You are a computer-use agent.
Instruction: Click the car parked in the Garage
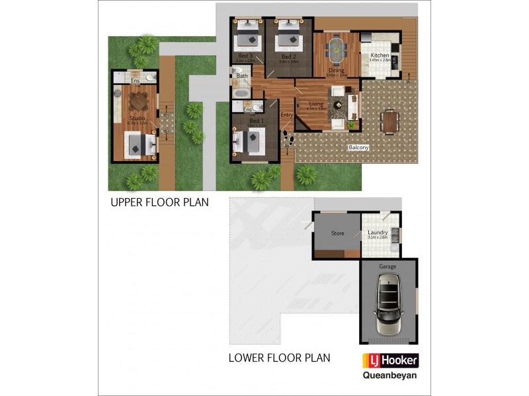(389, 304)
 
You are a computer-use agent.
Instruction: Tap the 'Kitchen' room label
(379, 55)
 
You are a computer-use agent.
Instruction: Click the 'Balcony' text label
(358, 148)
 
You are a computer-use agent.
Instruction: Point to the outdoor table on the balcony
(389, 121)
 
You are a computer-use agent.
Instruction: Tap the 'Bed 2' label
(288, 57)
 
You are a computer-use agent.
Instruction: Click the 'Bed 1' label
(255, 122)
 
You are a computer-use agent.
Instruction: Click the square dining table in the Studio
(139, 101)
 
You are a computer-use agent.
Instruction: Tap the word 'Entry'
(286, 115)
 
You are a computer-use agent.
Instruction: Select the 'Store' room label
(337, 233)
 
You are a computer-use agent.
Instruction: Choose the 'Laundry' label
(378, 233)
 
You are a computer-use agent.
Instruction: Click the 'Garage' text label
(387, 266)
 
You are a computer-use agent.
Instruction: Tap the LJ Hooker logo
(389, 361)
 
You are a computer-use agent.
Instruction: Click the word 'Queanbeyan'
(389, 377)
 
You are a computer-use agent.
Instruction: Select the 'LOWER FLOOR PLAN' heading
(279, 358)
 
